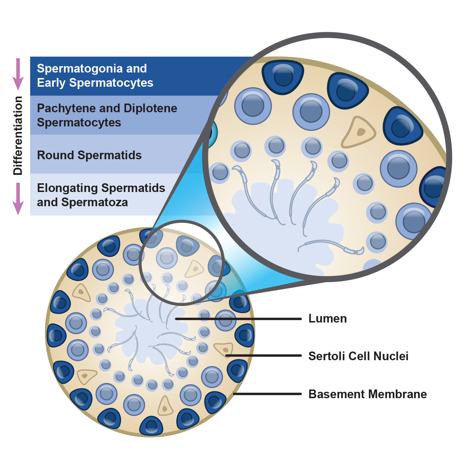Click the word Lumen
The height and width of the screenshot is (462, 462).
pos(327,318)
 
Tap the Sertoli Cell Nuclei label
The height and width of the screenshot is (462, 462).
pos(358,356)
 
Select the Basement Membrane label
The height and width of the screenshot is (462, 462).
pos(367,394)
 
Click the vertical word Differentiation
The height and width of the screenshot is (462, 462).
pos(18,135)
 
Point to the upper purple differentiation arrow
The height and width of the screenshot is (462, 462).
pos(18,74)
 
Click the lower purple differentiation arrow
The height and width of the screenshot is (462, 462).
pos(18,198)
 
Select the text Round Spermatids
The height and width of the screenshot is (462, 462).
pos(89,155)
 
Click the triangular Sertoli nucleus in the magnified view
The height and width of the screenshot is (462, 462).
pos(358,132)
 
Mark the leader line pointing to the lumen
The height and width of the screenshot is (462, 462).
pos(238,319)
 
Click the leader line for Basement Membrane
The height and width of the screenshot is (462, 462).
pos(267,394)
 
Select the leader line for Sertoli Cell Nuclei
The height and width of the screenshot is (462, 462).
pos(263,356)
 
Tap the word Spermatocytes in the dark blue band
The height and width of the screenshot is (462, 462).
pos(111,83)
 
